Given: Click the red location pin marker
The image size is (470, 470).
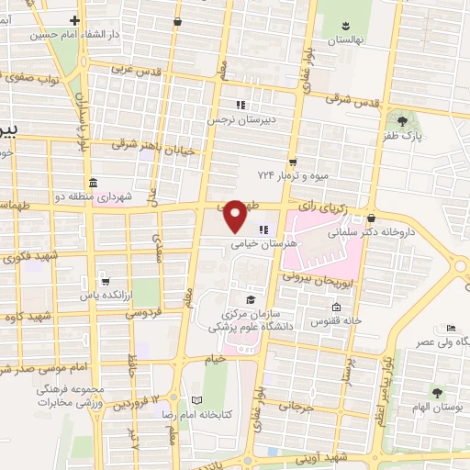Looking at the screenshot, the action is [236, 216].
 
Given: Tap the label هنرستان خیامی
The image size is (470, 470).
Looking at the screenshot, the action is [241, 244].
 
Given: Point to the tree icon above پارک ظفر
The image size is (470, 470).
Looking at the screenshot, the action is [401, 119].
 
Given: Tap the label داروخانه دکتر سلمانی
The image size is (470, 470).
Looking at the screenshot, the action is [406, 232].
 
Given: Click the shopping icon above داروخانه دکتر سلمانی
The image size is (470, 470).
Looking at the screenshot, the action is [370, 218].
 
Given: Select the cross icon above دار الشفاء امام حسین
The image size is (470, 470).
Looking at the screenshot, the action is [73, 19].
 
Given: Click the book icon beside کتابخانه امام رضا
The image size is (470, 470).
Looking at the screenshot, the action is [196, 401].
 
